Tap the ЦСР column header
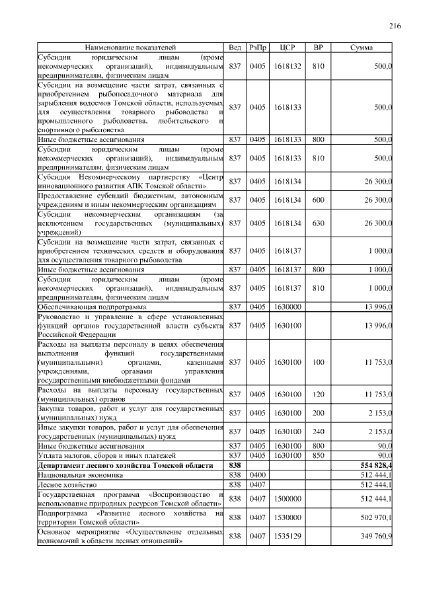click(286, 48)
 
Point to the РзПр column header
click(257, 48)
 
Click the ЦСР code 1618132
click(286, 66)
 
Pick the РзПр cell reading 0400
click(257, 474)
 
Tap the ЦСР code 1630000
click(286, 307)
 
